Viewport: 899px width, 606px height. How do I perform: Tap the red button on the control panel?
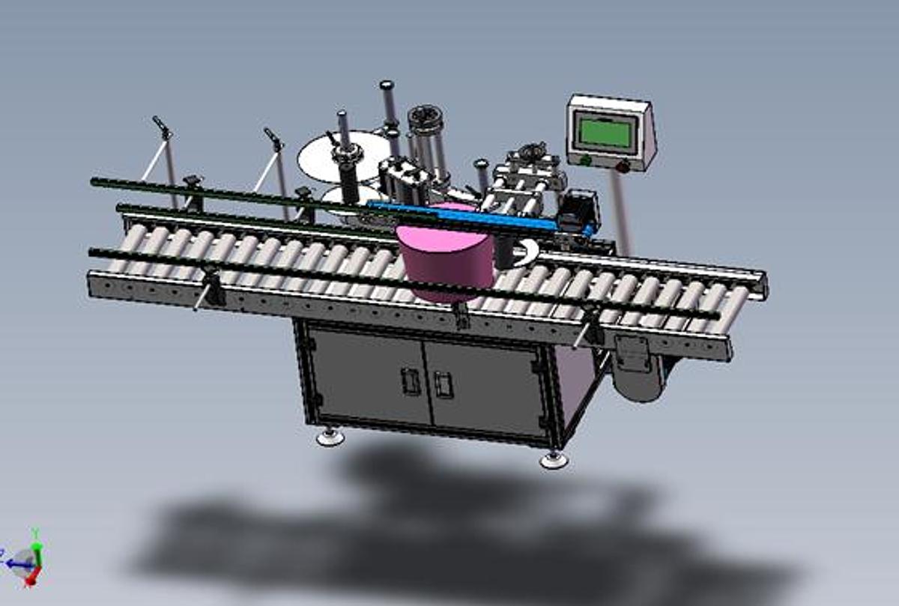click(x=621, y=166)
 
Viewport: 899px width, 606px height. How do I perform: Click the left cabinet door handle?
click(x=409, y=381)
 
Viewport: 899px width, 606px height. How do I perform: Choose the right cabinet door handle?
click(x=444, y=385)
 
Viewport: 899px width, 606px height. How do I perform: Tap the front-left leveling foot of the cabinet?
click(x=329, y=437)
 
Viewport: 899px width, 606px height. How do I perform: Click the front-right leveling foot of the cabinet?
click(x=554, y=459)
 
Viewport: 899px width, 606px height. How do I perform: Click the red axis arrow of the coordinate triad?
click(x=32, y=578)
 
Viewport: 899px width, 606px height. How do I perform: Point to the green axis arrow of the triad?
click(x=35, y=538)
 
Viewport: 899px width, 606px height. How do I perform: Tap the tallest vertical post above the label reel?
click(x=387, y=102)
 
